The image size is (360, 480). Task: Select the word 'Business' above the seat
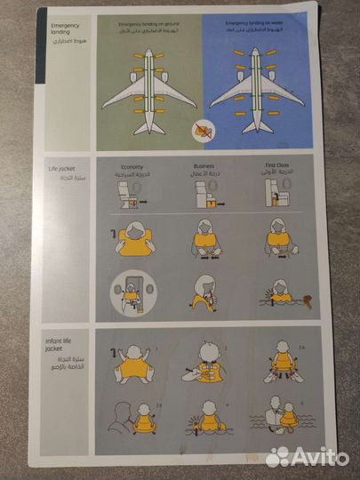[x=206, y=166]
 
